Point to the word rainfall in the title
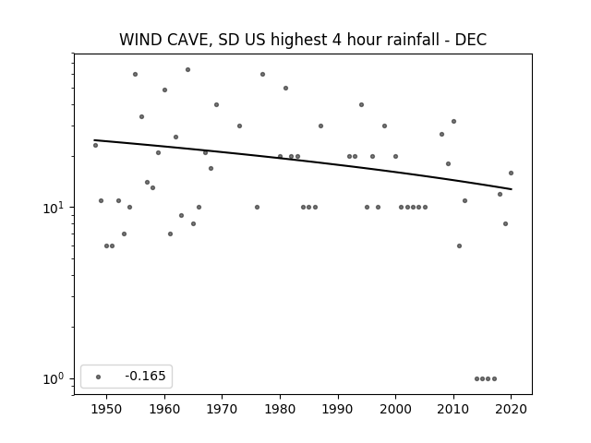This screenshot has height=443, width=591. tap(399, 39)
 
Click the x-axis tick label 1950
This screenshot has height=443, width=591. tap(107, 409)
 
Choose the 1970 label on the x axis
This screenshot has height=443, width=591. tap(222, 409)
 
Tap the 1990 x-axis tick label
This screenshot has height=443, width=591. tap(338, 409)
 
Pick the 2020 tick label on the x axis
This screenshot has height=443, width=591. tap(511, 409)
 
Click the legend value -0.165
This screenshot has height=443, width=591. tap(145, 376)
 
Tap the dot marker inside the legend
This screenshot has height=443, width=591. tap(99, 377)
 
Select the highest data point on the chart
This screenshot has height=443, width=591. tap(187, 70)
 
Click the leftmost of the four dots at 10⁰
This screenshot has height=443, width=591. tap(476, 379)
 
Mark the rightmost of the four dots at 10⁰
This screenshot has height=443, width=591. tap(495, 379)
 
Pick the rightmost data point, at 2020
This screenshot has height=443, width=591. tap(511, 174)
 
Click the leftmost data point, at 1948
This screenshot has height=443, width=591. tap(95, 146)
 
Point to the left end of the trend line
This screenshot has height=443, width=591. tap(94, 140)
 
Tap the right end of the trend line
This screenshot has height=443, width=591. tap(512, 189)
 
